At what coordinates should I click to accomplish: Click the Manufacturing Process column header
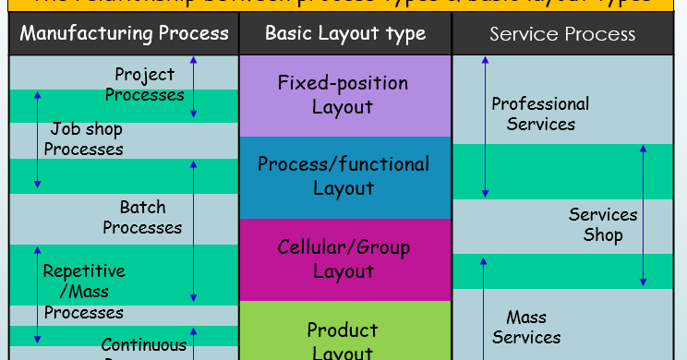click(x=124, y=34)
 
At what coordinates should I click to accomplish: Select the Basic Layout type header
click(x=345, y=34)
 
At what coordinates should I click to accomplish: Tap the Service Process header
click(x=562, y=34)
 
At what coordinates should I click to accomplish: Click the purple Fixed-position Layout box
click(x=343, y=95)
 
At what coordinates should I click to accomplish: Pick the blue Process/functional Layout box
click(x=343, y=176)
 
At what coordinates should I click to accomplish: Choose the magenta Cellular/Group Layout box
click(x=343, y=259)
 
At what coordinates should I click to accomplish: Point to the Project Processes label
click(x=145, y=84)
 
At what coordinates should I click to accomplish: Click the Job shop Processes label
click(x=84, y=138)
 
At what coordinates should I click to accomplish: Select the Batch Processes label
click(x=143, y=217)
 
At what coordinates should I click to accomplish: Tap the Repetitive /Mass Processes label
click(x=84, y=292)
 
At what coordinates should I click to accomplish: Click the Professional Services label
click(x=540, y=114)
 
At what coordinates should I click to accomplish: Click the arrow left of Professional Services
click(x=485, y=126)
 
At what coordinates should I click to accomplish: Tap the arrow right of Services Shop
click(x=644, y=214)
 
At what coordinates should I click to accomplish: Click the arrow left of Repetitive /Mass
click(x=38, y=294)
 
